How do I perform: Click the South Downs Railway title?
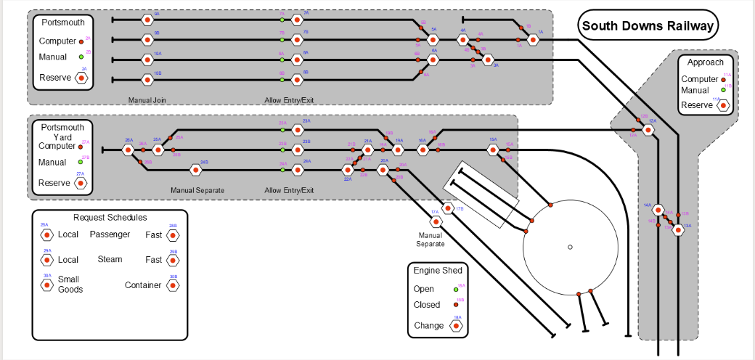point(648,26)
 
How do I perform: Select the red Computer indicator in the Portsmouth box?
point(81,42)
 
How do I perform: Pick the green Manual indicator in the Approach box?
point(723,91)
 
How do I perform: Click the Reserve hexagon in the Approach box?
point(723,105)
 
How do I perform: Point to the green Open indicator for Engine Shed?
point(455,290)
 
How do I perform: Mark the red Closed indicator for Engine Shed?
point(455,305)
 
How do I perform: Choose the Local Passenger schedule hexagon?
point(46,234)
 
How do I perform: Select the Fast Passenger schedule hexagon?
point(173,234)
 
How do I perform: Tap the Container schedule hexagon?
point(173,285)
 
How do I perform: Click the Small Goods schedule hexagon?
point(46,285)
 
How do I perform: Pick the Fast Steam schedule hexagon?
point(173,260)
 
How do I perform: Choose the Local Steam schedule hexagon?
point(46,260)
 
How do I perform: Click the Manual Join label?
point(148,99)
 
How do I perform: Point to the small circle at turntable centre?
point(571,247)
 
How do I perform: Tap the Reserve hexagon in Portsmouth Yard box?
point(81,183)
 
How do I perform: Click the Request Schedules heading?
point(110,218)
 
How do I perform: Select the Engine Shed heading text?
point(438,271)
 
